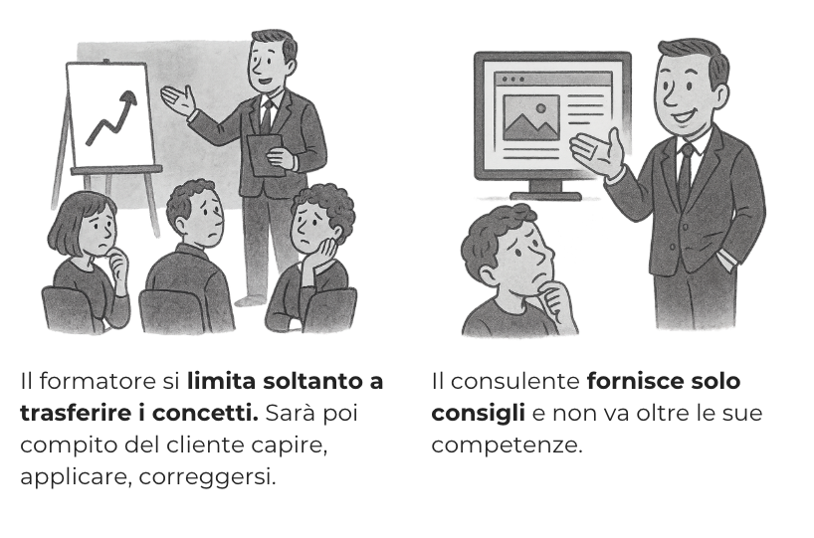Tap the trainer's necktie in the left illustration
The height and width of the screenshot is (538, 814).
[x=267, y=116]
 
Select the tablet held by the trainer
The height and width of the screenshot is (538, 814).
[x=265, y=154]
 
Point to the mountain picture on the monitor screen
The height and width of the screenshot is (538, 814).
[x=531, y=117]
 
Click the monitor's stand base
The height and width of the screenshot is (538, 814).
[x=545, y=196]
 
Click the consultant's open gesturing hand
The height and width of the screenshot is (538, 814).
[x=597, y=150]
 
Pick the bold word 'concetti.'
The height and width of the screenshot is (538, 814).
[x=205, y=413]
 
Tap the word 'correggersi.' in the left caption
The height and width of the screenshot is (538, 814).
[x=207, y=477]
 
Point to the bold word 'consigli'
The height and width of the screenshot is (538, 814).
[x=478, y=414]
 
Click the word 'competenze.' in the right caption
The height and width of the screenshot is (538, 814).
[x=508, y=446]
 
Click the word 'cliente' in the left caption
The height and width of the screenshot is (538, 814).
[x=230, y=446]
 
